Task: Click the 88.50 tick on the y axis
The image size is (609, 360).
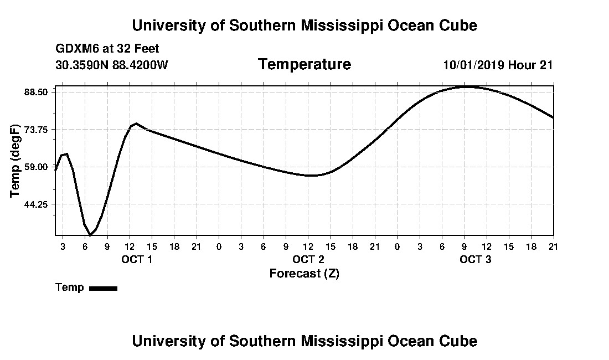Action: click(35, 92)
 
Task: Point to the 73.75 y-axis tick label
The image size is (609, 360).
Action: click(35, 129)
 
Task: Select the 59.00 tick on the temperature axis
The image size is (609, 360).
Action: click(35, 167)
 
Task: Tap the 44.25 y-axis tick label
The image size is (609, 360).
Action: click(35, 204)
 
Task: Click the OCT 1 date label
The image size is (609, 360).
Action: click(137, 259)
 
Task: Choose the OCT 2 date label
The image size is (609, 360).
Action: click(308, 259)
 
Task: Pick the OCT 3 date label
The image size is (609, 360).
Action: click(476, 259)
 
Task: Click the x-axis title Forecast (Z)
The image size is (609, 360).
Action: click(304, 274)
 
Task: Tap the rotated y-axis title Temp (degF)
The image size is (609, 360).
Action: click(15, 161)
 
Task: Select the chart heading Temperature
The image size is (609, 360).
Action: click(304, 64)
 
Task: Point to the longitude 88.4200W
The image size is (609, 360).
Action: click(140, 65)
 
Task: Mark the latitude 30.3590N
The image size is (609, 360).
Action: click(82, 65)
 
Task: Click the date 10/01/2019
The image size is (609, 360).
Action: click(474, 65)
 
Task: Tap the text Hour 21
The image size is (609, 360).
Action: click(530, 65)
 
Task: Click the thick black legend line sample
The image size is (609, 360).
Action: click(104, 288)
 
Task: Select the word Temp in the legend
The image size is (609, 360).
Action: click(70, 287)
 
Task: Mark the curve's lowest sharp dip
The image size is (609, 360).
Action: click(90, 235)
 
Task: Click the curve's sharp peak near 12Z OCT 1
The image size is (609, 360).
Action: click(136, 124)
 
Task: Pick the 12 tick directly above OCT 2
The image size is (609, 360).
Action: click(308, 246)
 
